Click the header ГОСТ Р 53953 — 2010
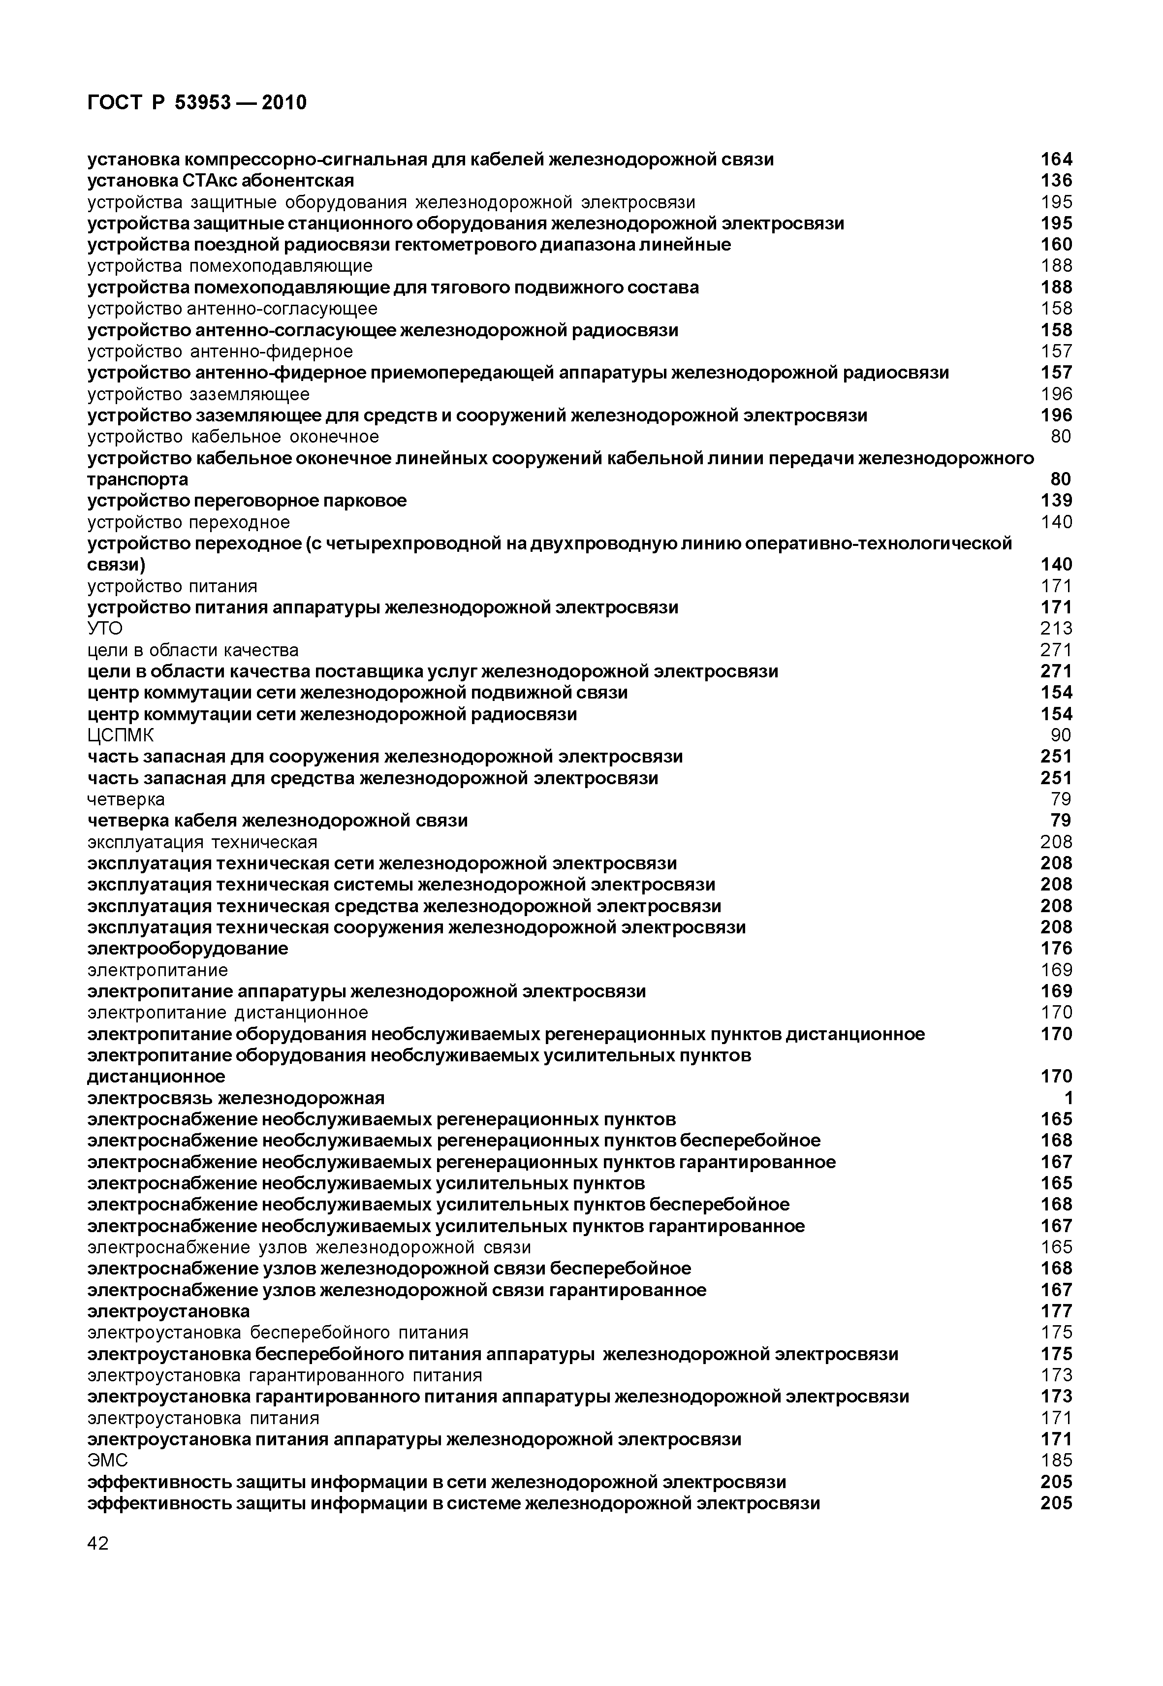coord(197,103)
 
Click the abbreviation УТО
coord(105,628)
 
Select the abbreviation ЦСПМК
coord(120,735)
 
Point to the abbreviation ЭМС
coord(107,1460)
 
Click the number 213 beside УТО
coord(1056,628)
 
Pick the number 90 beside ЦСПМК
coord(1061,735)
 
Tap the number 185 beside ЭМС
coord(1056,1460)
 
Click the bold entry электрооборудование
coord(188,949)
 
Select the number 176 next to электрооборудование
coord(1056,949)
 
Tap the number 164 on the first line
coord(1056,159)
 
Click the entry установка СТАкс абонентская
coord(221,180)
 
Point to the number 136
coord(1056,180)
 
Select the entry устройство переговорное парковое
coord(247,501)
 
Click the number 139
coord(1056,501)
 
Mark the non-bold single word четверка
coord(126,799)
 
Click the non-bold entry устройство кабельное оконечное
coord(233,437)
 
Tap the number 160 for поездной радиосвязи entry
coord(1056,244)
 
